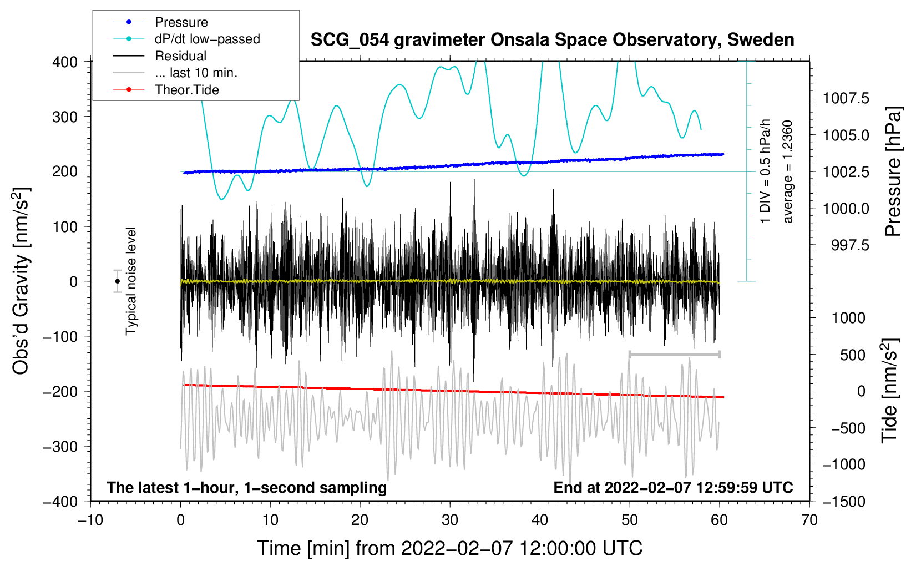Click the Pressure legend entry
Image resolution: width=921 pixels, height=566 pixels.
160,22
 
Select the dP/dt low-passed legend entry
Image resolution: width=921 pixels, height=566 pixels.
186,39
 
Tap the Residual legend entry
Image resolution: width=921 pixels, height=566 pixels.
160,55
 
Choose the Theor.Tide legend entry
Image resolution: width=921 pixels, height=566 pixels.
166,90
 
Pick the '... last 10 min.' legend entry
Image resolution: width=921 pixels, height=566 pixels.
175,73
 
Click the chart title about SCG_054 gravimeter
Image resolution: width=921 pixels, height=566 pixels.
552,40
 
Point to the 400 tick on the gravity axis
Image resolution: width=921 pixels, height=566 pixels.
65,62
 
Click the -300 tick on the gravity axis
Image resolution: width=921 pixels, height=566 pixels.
60,447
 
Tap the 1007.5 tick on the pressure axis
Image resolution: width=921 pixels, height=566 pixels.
846,98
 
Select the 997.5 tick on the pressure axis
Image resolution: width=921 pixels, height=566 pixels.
850,246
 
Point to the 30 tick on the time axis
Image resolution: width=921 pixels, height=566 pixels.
450,520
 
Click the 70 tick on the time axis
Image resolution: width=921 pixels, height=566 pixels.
809,520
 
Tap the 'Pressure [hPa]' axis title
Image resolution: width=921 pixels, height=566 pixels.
893,171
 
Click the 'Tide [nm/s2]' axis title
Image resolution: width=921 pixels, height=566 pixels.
890,391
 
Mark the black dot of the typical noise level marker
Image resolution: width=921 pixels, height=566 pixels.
117,281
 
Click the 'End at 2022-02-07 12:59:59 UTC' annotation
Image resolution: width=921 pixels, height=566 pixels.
673,487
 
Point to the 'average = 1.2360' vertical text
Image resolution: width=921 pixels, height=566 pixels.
787,172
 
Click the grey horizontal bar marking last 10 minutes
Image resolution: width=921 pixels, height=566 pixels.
674,354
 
